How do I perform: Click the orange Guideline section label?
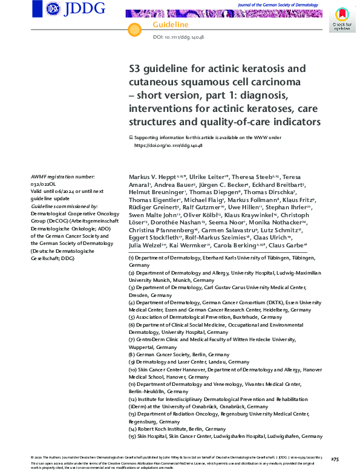pyautogui.click(x=171, y=24)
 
